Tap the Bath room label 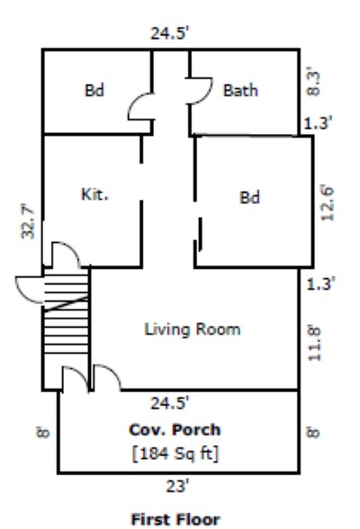coord(240,90)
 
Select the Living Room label coord(193,329)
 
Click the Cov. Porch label coord(175,429)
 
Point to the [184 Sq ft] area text coord(175,453)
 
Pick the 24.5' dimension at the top coord(170,34)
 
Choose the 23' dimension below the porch coord(177,487)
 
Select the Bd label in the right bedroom coord(249,198)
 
